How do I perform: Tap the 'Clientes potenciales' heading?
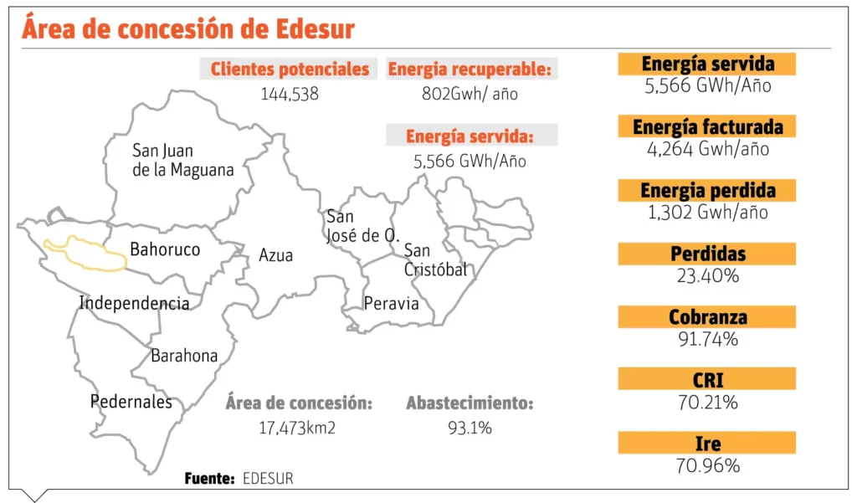(x=290, y=69)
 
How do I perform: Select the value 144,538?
(x=290, y=94)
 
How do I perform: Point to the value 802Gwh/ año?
(x=470, y=94)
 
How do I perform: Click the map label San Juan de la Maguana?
(x=182, y=161)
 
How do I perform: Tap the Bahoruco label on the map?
(x=165, y=249)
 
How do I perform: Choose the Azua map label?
(x=275, y=255)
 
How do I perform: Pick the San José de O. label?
(x=362, y=226)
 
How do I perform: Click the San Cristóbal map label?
(x=434, y=260)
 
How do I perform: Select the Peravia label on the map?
(x=391, y=303)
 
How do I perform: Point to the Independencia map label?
(x=134, y=303)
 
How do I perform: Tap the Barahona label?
(x=184, y=356)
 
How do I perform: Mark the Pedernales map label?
(x=131, y=402)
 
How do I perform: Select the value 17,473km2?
(x=299, y=428)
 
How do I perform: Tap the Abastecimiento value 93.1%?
(x=470, y=428)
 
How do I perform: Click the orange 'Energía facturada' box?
(x=707, y=126)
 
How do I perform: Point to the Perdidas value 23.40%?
(x=707, y=275)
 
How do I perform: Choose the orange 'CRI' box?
(x=707, y=380)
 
